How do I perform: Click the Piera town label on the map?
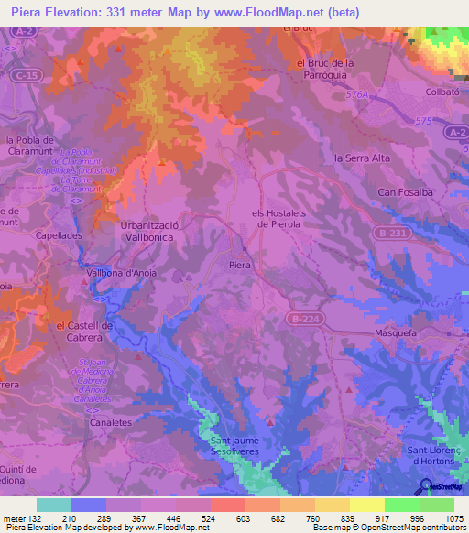(x=239, y=265)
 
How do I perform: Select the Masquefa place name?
(x=396, y=334)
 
